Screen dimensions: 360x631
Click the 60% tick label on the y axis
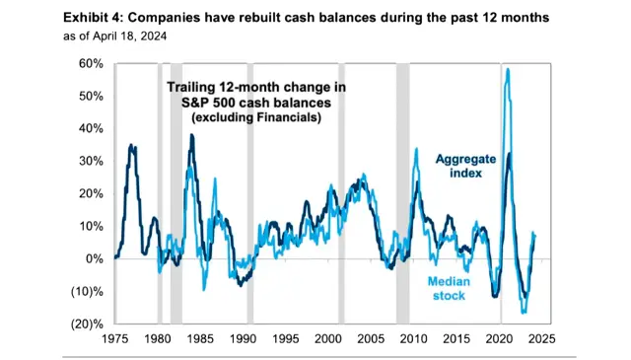pos(90,63)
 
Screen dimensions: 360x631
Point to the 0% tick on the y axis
pos(94,258)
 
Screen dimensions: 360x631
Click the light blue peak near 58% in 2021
pos(507,69)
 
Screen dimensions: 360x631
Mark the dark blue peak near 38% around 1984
pos(191,135)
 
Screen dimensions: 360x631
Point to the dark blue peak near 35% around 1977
pos(132,146)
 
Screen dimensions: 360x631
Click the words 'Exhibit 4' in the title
pos(94,18)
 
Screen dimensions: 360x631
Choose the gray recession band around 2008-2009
pos(402,192)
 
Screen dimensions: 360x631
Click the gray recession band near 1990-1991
pos(249,192)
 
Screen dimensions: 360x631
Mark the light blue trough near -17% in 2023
pos(524,312)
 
